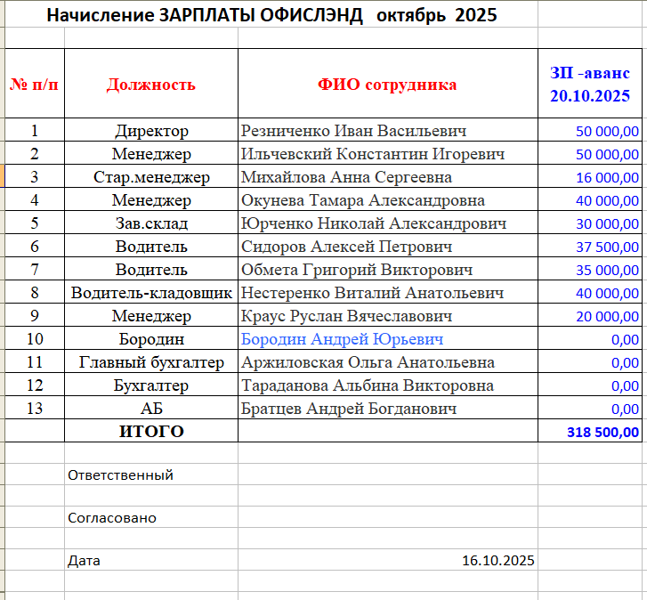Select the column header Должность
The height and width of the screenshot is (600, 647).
pos(151,85)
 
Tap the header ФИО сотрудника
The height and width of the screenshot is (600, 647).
pos(387,85)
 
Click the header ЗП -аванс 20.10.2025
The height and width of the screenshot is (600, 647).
pos(590,85)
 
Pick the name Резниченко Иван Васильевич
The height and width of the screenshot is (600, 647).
pos(354,131)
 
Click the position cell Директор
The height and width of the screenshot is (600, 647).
pos(151,131)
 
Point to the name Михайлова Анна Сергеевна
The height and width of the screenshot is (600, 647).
pos(347,177)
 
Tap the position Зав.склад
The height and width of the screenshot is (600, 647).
pos(151,223)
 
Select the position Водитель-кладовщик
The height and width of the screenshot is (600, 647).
pos(151,293)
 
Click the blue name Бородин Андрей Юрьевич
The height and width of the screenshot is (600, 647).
pos(343,339)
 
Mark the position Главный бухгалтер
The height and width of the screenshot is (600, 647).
pos(151,362)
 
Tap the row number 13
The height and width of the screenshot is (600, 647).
pos(35,409)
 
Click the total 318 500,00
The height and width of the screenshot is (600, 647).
pos(603,433)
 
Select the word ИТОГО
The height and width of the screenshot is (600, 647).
pos(151,432)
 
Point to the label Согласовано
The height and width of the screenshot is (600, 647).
pos(111,518)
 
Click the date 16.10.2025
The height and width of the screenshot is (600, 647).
pos(498,561)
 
